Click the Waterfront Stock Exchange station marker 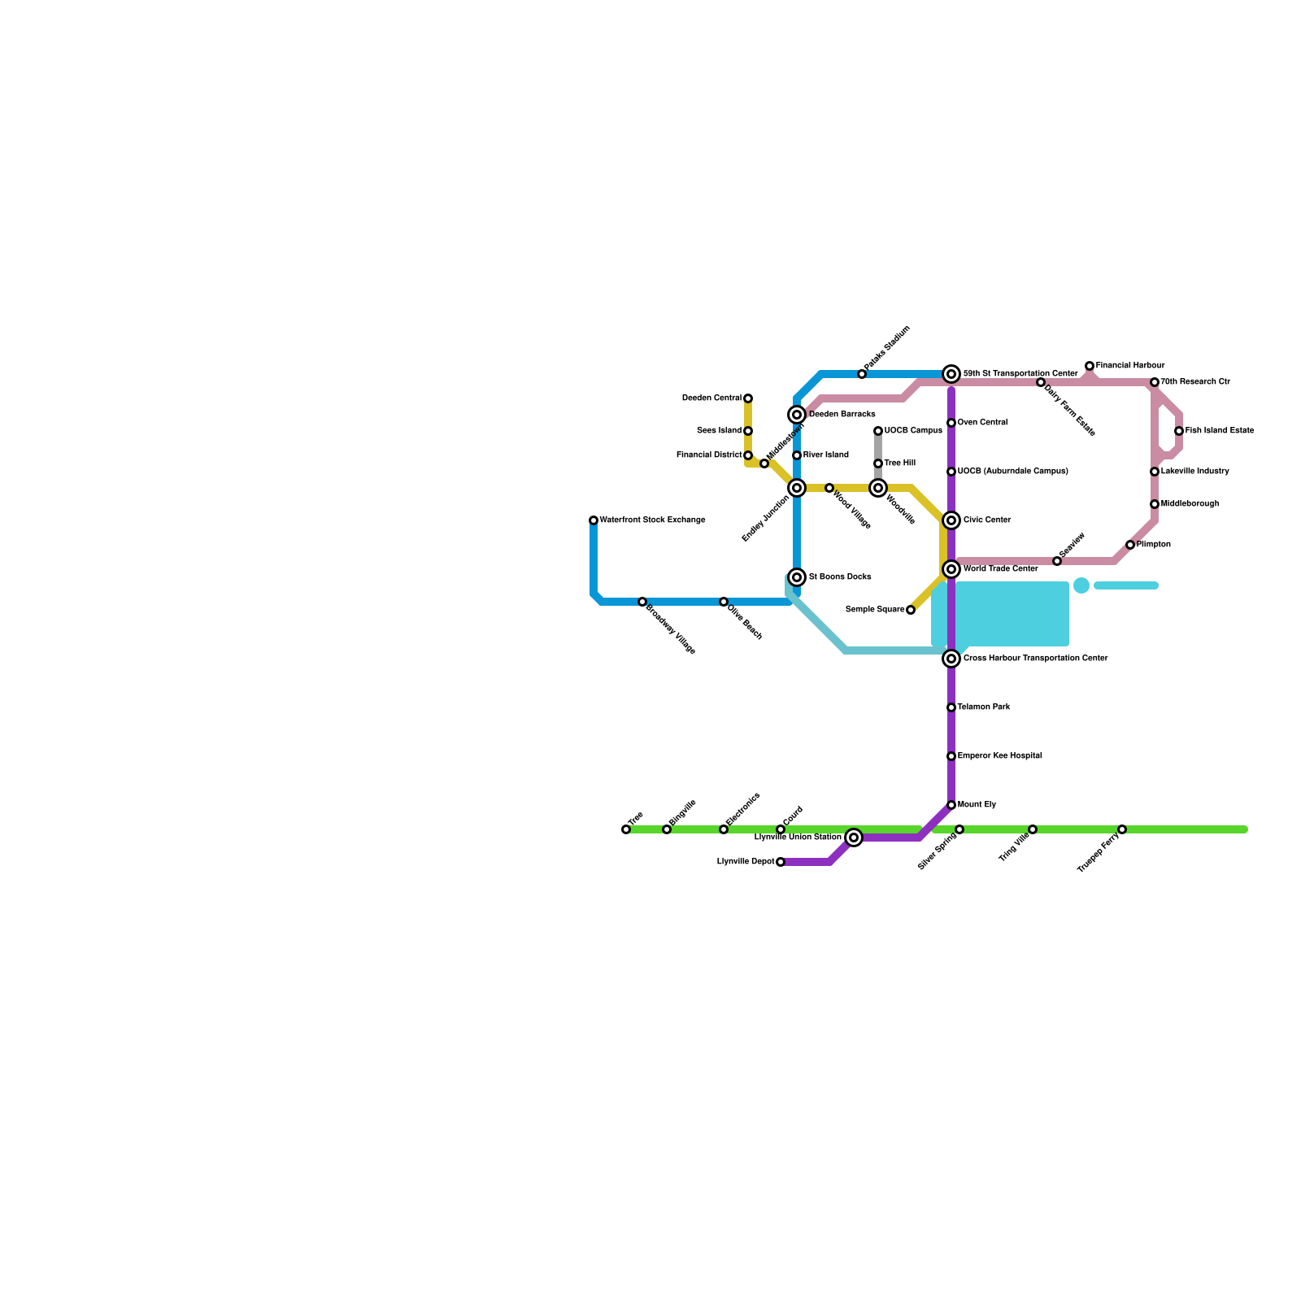click(x=594, y=520)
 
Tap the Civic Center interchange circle click(x=951, y=520)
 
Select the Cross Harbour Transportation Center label click(x=1035, y=659)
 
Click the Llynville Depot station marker click(x=781, y=862)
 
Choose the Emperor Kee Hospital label click(x=999, y=756)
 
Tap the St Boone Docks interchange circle click(x=797, y=577)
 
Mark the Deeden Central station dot click(x=748, y=398)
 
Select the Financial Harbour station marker click(x=1090, y=366)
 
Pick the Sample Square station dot click(x=911, y=610)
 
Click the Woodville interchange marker click(x=878, y=488)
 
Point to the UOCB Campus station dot click(x=878, y=431)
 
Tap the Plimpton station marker click(x=1130, y=545)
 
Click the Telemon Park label click(x=983, y=707)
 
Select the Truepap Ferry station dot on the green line click(x=1122, y=829)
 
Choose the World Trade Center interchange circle click(x=951, y=569)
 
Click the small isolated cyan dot click(x=1081, y=585)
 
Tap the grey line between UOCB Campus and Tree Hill click(x=878, y=447)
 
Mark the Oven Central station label click(x=982, y=423)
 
